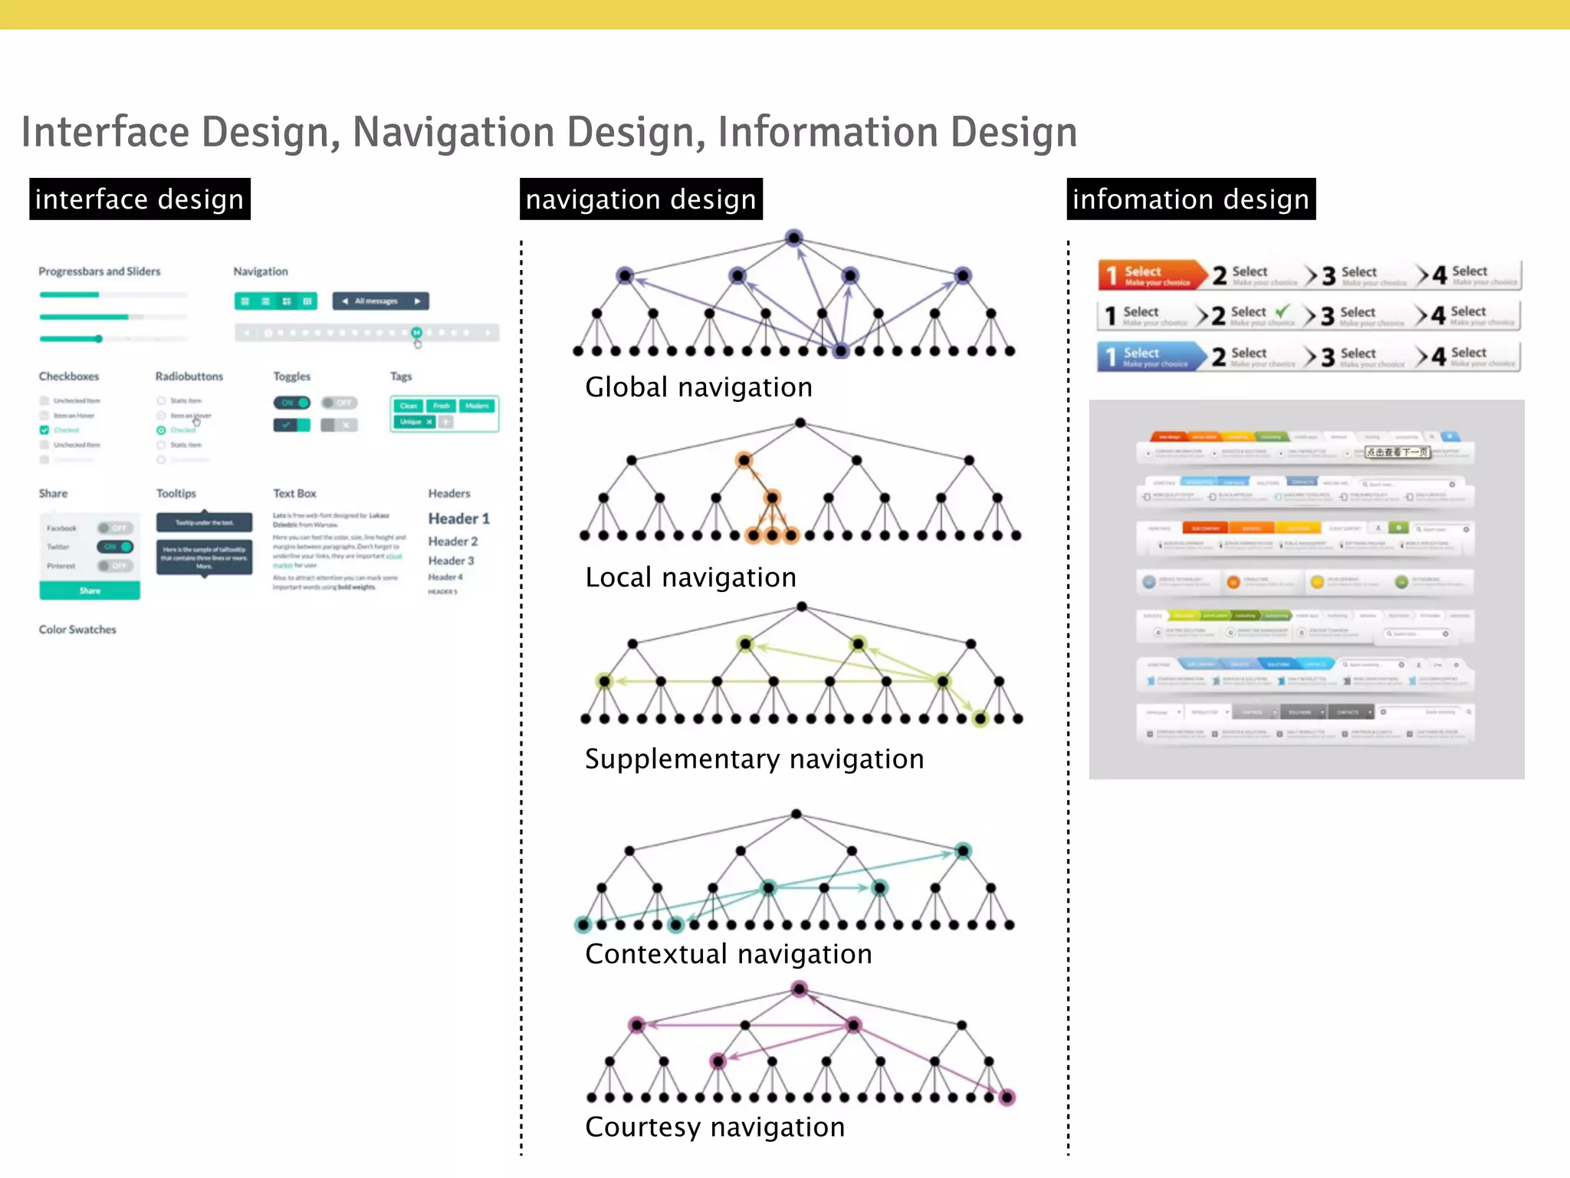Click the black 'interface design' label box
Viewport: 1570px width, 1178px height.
[140, 199]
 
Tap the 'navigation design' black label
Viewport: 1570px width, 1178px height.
[641, 199]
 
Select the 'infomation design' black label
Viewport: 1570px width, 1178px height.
[1191, 199]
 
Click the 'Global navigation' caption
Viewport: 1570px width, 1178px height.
[698, 387]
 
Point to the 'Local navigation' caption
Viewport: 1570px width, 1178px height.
[691, 577]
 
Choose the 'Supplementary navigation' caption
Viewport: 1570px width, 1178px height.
[754, 759]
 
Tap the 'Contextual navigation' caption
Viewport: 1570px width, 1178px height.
[728, 954]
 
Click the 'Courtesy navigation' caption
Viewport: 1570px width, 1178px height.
[714, 1127]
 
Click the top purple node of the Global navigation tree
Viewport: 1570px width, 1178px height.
[794, 238]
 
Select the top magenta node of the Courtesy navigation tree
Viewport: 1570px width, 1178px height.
[800, 989]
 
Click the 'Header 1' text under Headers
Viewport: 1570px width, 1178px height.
[458, 518]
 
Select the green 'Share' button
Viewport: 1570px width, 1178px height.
[90, 591]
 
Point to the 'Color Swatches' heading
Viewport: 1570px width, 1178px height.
[77, 630]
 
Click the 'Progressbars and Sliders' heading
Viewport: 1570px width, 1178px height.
[100, 271]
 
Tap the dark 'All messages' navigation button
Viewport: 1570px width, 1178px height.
[380, 301]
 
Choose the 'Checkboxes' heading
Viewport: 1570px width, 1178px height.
[69, 377]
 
